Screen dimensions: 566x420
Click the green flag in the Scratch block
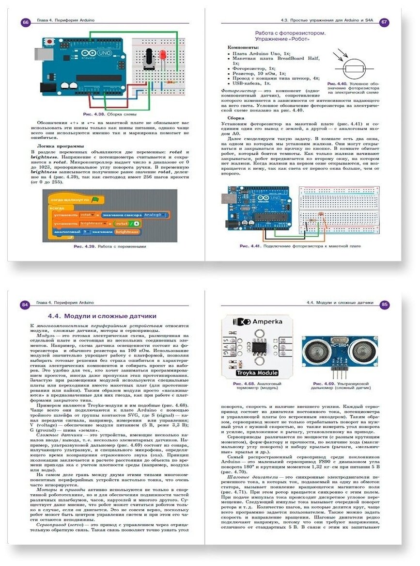pos(95,199)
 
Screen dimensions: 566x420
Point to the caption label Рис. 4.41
pos(250,246)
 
